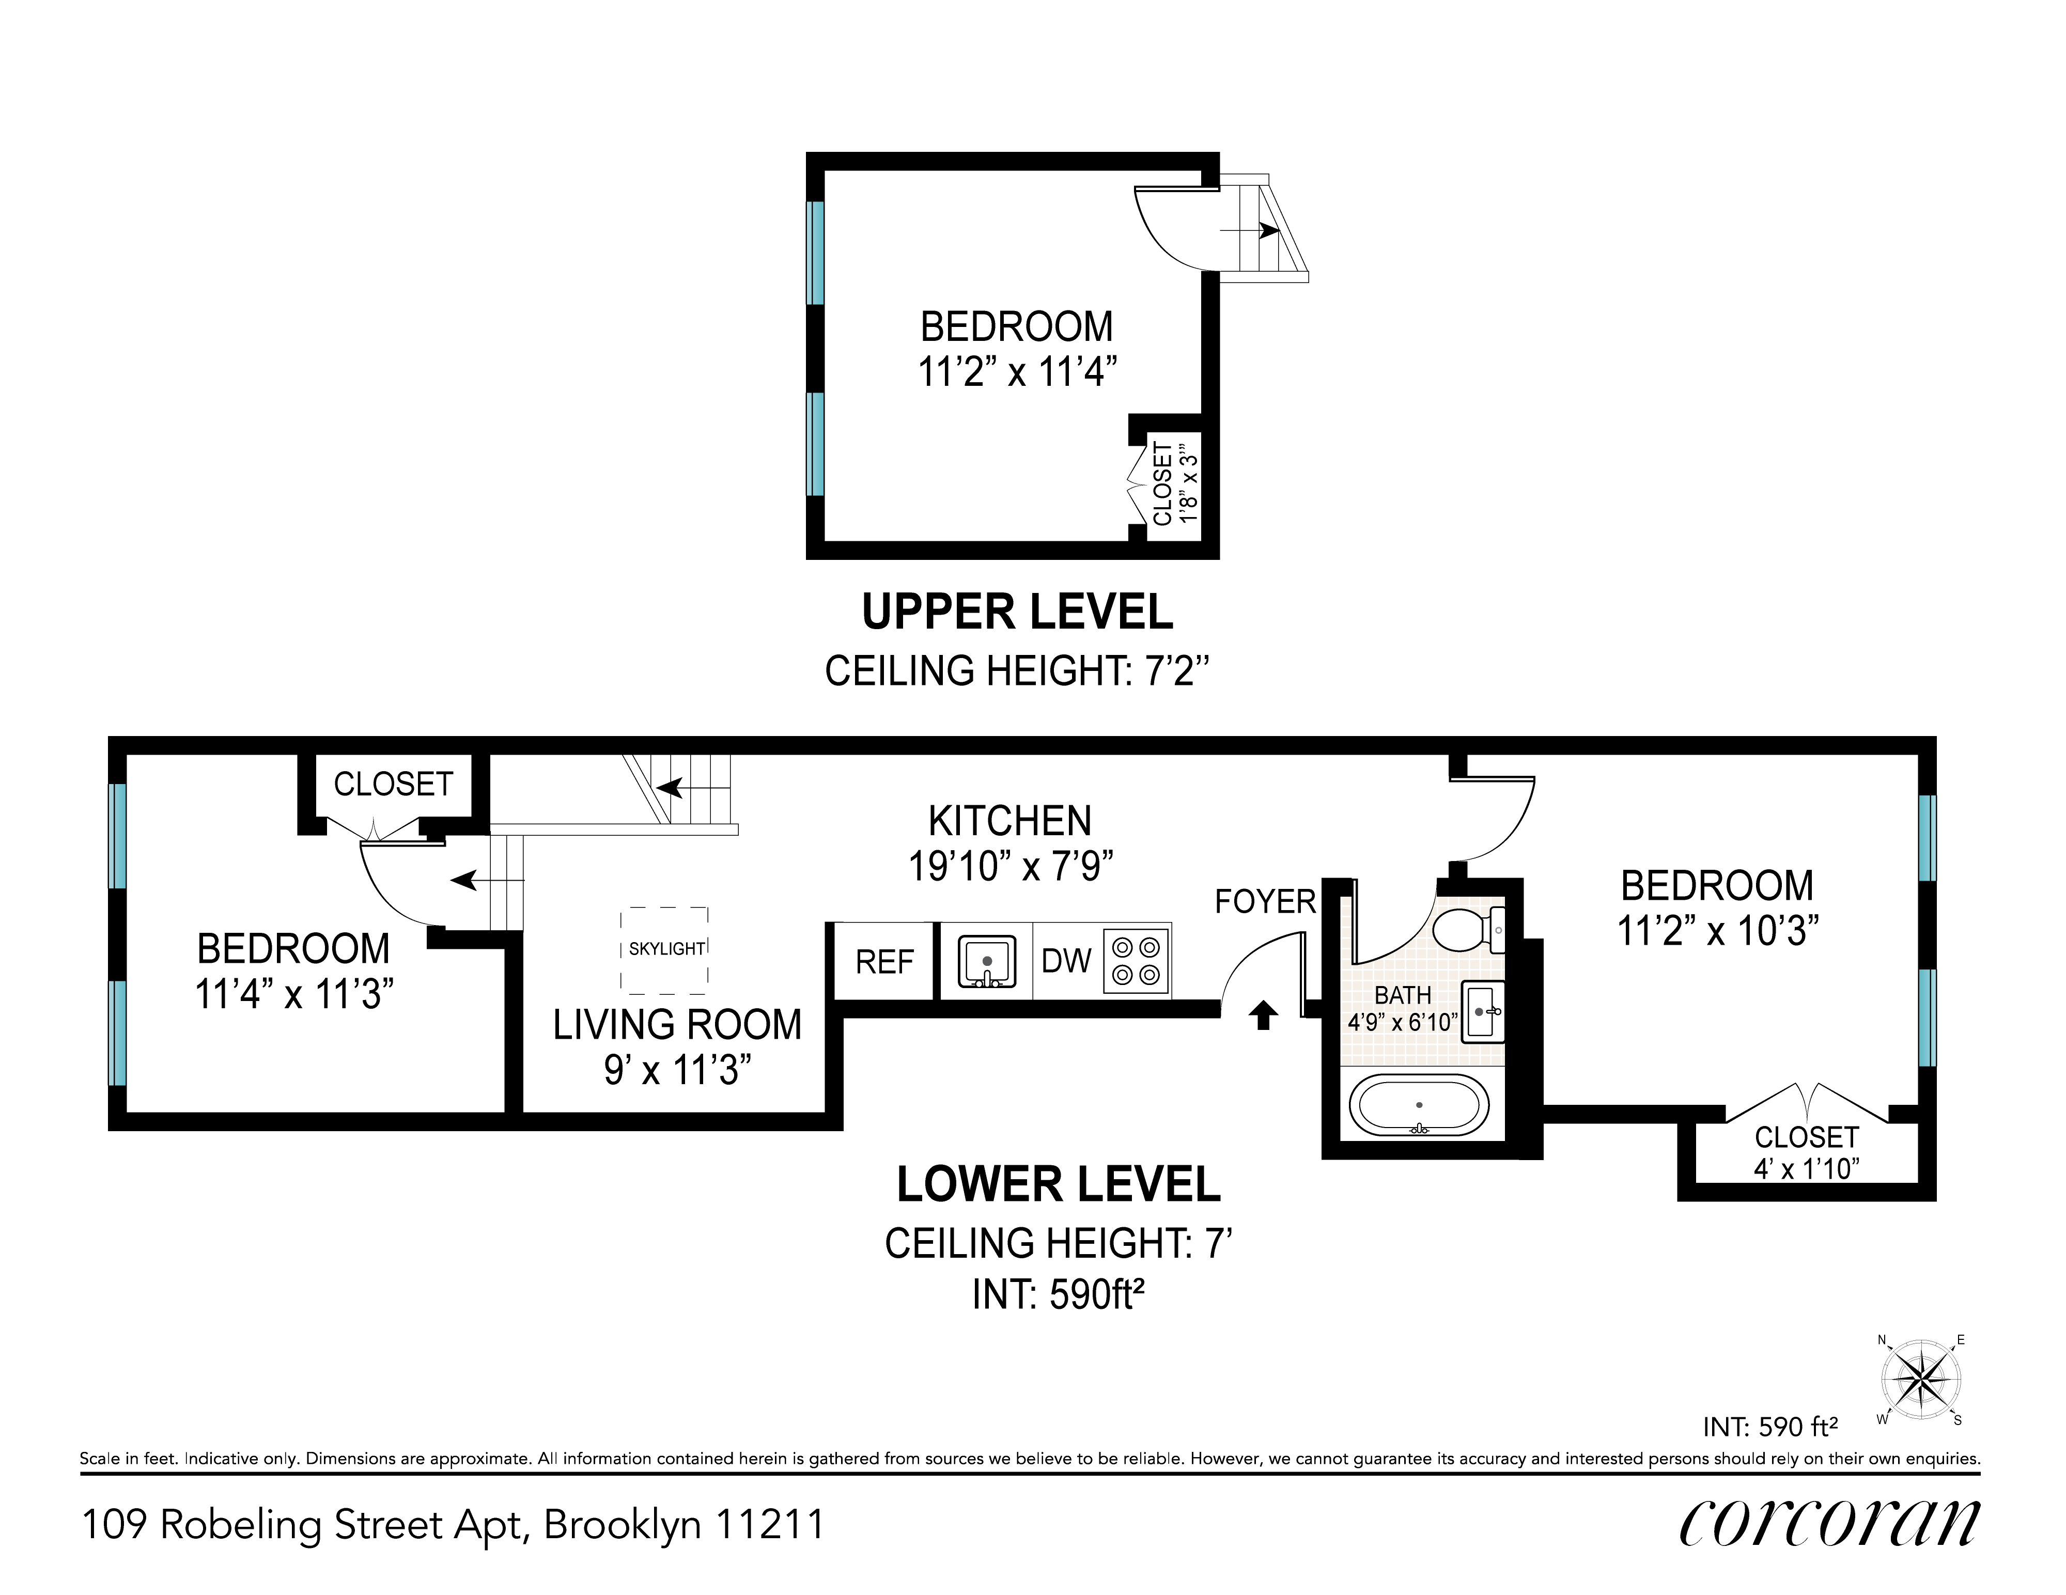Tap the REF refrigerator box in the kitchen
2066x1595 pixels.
[x=884, y=961]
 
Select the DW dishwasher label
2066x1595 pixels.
[x=1066, y=961]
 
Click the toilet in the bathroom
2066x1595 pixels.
[x=1468, y=930]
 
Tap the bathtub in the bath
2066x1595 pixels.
[x=1418, y=1105]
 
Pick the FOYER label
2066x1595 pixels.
[x=1265, y=901]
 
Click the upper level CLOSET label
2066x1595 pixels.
[x=1162, y=483]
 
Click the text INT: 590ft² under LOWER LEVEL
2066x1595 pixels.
[x=1059, y=1294]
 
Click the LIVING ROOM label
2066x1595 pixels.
[x=677, y=1025]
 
